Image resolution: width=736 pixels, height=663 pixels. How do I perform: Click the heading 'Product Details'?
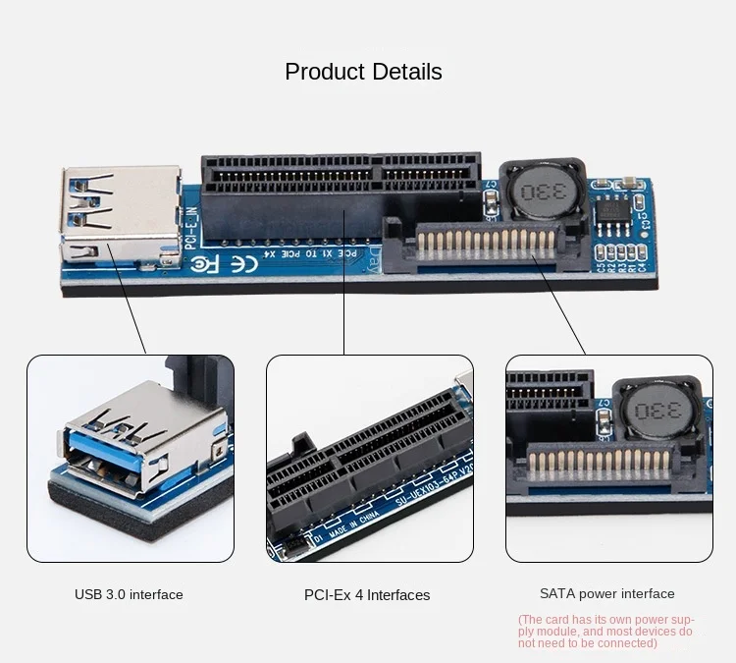click(x=363, y=72)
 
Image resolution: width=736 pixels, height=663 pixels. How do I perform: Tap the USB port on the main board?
click(x=120, y=213)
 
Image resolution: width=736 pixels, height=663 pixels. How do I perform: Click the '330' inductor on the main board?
click(x=536, y=192)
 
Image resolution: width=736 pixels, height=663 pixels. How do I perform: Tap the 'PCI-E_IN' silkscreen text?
click(x=192, y=229)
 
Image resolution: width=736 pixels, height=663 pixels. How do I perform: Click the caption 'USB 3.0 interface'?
click(x=129, y=594)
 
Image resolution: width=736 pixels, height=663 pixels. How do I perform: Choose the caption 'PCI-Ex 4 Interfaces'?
click(x=367, y=595)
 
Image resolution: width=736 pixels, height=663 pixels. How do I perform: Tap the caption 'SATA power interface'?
click(x=607, y=593)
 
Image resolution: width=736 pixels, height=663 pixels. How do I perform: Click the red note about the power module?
click(x=606, y=632)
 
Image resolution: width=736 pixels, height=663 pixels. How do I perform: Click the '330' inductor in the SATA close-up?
click(x=656, y=409)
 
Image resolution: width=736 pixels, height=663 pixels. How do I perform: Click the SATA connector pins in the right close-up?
click(x=599, y=463)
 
